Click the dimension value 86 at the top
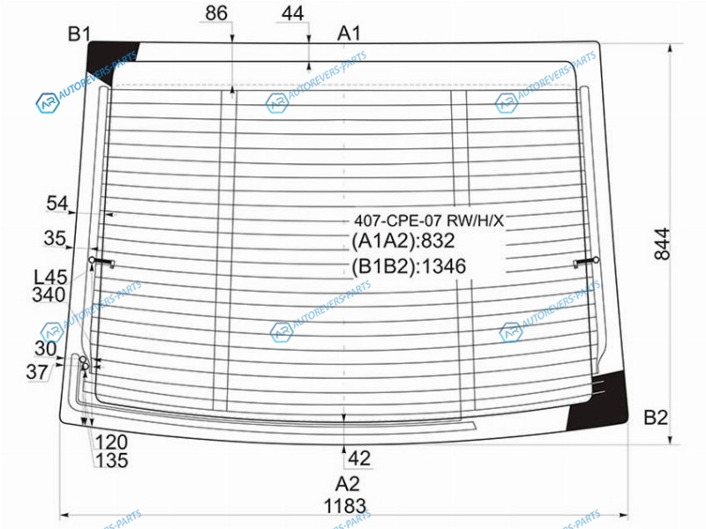(x=216, y=13)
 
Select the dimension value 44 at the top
(x=293, y=13)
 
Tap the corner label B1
(x=79, y=34)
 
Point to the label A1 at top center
(x=349, y=34)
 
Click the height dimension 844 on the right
(x=663, y=244)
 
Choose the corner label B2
(x=656, y=418)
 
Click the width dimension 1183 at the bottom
(x=345, y=506)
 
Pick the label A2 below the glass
(x=348, y=484)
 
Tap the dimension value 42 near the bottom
(x=359, y=458)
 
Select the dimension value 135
(x=112, y=460)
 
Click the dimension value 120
(x=111, y=443)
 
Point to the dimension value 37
(x=37, y=372)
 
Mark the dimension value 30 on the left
(x=46, y=348)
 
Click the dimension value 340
(x=49, y=295)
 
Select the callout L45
(x=51, y=277)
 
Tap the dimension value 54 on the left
(x=57, y=204)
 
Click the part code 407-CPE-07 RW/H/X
(x=429, y=220)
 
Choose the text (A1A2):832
(x=403, y=241)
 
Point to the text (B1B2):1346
(x=409, y=266)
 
